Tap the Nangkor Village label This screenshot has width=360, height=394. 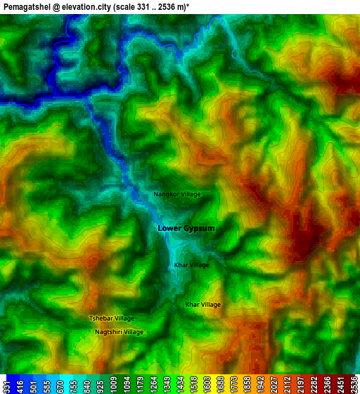coord(177,194)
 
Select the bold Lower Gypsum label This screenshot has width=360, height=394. coord(186,229)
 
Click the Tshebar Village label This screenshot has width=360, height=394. coord(111,318)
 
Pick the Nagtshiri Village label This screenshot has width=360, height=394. coord(119,332)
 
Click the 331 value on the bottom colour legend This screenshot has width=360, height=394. coord(6,384)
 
